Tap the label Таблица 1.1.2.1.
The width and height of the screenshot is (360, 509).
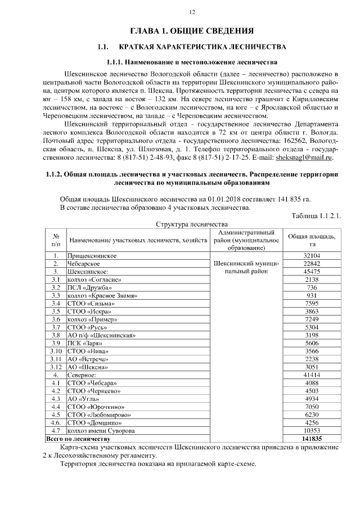coord(316,215)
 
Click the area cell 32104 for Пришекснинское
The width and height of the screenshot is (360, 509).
coord(311,255)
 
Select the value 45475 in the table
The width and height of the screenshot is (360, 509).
coord(311,271)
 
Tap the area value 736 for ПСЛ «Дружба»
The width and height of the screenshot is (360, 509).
coord(311,287)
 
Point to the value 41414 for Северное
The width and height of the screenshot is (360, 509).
coord(311,375)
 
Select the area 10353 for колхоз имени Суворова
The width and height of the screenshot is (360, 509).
coord(311,430)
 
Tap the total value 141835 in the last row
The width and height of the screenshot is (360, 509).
coord(311,438)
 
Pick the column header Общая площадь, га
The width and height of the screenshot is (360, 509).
coord(311,240)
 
